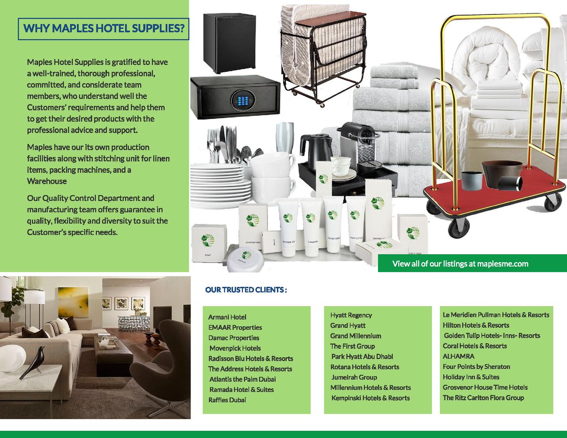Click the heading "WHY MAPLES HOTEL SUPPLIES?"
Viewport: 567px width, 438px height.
coord(103,29)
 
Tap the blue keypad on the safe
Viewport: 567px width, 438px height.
coord(241,100)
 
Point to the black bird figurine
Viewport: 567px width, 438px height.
coord(35,361)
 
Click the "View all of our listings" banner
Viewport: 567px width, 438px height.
coord(460,264)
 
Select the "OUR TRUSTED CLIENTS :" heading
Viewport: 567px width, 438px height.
coord(246,290)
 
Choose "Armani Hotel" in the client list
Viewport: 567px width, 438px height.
coord(227,317)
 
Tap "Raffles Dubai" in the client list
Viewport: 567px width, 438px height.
coord(227,400)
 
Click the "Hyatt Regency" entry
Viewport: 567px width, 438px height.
coord(351,315)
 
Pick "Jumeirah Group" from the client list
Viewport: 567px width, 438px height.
coord(354,378)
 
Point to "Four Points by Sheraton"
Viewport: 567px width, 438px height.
coord(476,367)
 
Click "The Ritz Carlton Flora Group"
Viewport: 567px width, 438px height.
coord(483,398)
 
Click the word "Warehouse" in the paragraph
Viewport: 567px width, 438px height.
coord(47,181)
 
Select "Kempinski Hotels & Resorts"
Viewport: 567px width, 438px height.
coord(370,398)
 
